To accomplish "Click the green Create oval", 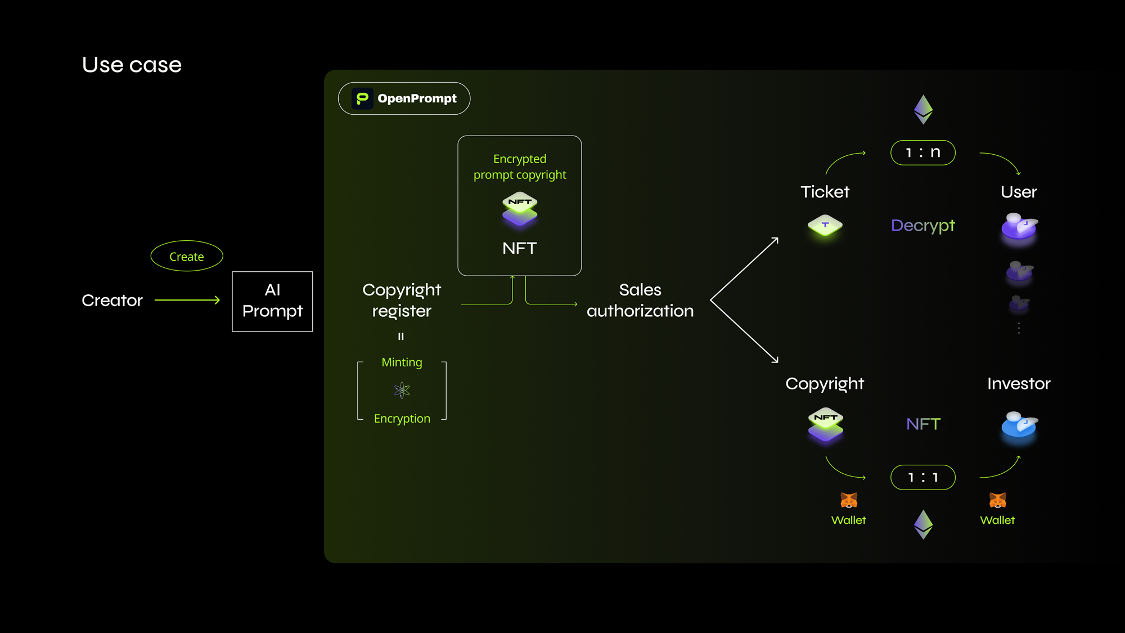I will (187, 256).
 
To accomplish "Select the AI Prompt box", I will (272, 301).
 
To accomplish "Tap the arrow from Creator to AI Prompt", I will (187, 300).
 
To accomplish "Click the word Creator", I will (112, 300).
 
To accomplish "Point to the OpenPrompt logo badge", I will (404, 98).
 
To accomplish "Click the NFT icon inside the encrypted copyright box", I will (520, 209).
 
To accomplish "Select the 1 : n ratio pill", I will (922, 152).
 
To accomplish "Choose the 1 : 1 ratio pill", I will (922, 477).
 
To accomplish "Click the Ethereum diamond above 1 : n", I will (923, 109).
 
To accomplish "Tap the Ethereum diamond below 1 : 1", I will (923, 524).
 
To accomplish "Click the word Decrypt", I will (922, 225).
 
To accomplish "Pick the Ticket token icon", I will (825, 226).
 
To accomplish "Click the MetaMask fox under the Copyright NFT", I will (849, 500).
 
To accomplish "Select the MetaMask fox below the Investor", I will (997, 500).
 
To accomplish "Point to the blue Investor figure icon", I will (1019, 425).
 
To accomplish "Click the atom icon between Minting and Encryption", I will (402, 390).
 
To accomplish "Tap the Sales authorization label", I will (640, 300).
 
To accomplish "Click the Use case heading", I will (132, 65).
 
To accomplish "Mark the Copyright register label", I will (402, 300).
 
